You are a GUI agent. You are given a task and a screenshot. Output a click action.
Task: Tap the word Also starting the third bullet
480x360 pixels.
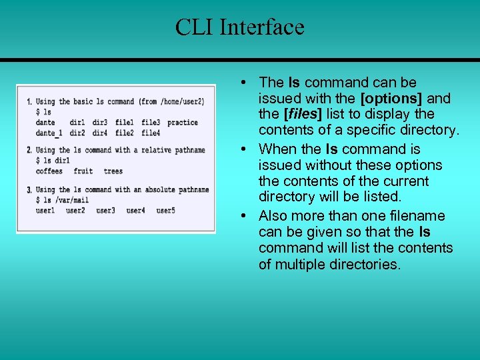tap(273, 216)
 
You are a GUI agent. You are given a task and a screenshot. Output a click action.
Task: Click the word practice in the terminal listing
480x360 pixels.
tap(182, 123)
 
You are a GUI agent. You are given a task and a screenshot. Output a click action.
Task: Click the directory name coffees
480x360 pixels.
tap(49, 171)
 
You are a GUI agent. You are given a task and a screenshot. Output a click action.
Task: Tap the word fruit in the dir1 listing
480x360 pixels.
tap(83, 171)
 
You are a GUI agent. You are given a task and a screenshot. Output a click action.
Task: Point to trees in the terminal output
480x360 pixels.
tap(113, 171)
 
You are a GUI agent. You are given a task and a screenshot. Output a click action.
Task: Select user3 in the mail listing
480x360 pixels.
tap(105, 211)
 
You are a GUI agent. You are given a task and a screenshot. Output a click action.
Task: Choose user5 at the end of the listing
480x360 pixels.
tap(165, 211)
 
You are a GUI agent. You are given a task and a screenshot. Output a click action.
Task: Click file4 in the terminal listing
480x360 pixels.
tap(151, 133)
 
